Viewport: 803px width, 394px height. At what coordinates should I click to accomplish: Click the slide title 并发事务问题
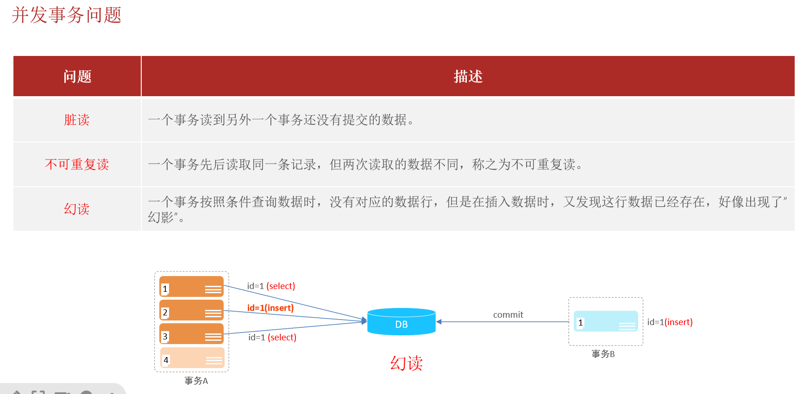pos(67,15)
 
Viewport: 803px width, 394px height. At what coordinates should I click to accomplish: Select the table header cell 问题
pos(77,76)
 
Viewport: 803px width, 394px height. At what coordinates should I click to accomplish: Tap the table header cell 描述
pos(468,76)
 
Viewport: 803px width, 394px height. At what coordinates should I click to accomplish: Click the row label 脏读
pos(77,120)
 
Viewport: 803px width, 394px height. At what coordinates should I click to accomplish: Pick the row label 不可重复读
pos(77,164)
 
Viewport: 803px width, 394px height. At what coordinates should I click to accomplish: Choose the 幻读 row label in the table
pos(77,209)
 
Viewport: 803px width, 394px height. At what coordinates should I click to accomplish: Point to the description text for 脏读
pos(281,120)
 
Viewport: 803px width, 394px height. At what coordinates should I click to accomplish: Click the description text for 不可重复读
pos(365,164)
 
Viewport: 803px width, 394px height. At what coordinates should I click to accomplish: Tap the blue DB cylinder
pos(401,321)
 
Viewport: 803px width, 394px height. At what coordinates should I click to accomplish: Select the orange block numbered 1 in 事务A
pos(191,287)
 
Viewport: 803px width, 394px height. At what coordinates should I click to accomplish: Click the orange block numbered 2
pos(191,310)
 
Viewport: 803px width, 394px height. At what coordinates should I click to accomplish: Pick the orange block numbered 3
pos(191,334)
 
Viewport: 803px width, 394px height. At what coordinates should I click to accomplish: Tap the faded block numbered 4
pos(192,358)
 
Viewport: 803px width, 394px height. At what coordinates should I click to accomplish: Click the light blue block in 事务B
pos(606,321)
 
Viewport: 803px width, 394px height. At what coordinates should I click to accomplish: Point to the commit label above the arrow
pos(508,315)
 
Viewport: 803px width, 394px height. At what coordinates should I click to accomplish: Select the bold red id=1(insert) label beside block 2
pos(270,308)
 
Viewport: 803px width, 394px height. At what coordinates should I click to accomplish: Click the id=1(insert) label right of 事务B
pos(670,322)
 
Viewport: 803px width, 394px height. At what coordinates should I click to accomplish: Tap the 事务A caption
pos(196,381)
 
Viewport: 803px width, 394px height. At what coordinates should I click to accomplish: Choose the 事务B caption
pos(603,354)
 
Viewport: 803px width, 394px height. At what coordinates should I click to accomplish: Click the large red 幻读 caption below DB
pos(406,363)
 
